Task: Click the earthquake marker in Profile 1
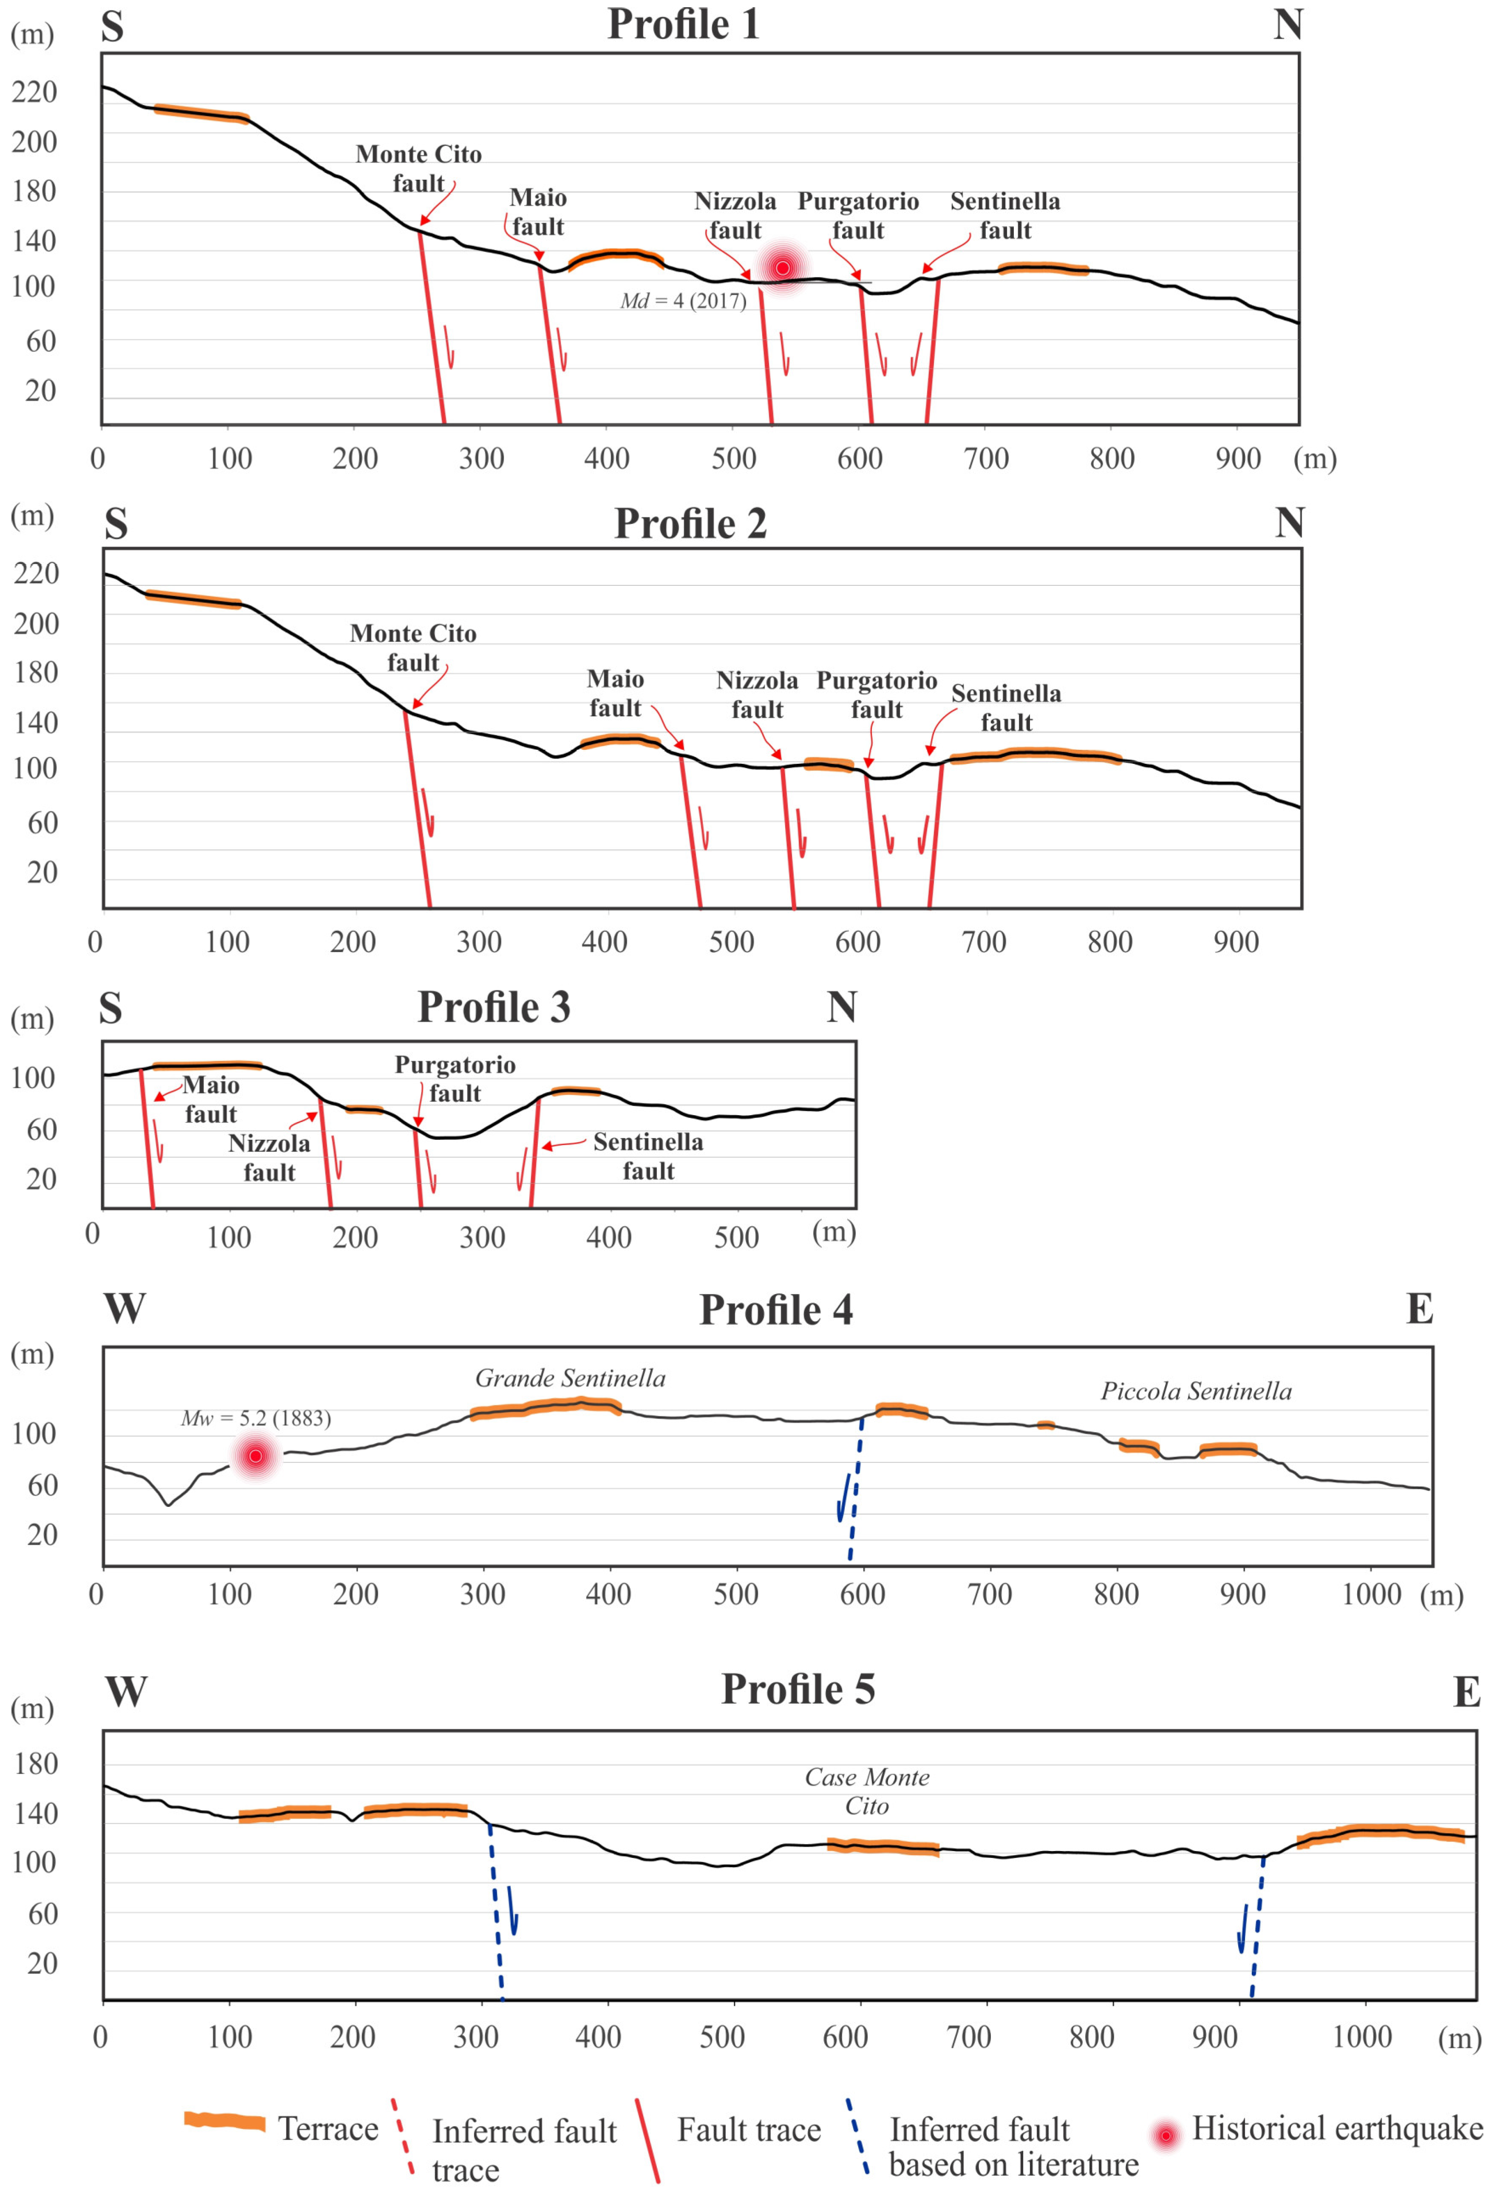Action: point(782,268)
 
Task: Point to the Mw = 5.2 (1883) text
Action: point(255,1418)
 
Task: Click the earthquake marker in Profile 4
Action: point(255,1456)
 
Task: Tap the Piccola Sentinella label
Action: point(1196,1392)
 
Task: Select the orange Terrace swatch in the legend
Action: point(224,2121)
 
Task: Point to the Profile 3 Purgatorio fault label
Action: point(455,1079)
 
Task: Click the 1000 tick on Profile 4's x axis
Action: point(1371,1594)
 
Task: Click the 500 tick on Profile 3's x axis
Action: point(736,1237)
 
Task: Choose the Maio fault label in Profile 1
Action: point(538,212)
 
